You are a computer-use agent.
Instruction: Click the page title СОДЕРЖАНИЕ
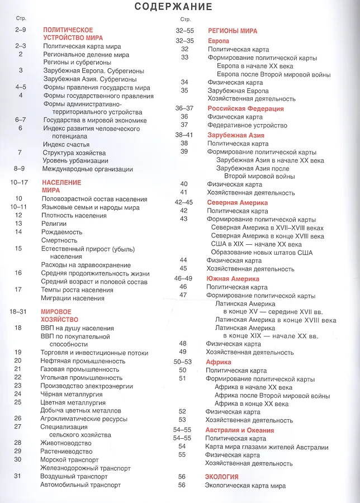(x=174, y=7)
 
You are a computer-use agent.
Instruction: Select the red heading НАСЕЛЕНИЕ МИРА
(x=61, y=186)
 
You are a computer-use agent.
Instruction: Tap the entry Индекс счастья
(x=66, y=144)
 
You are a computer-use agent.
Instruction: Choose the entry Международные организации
(x=87, y=169)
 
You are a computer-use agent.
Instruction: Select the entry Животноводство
(x=65, y=443)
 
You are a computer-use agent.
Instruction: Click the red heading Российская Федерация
(x=245, y=108)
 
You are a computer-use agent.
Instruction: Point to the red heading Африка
(x=219, y=362)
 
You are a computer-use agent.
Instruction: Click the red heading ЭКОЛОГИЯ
(x=222, y=477)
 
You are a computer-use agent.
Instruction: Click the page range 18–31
(x=18, y=311)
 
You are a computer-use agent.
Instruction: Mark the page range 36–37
(x=184, y=108)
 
